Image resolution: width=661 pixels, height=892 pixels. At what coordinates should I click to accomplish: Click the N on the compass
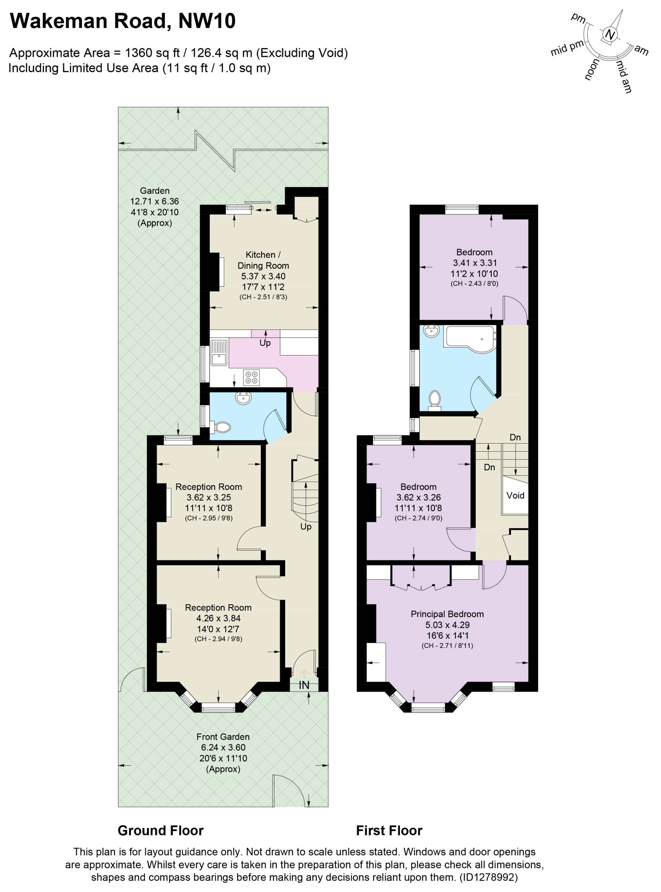click(609, 35)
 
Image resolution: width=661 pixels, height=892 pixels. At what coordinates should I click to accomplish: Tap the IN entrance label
click(304, 685)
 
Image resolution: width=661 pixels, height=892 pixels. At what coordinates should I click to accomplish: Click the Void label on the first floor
click(515, 495)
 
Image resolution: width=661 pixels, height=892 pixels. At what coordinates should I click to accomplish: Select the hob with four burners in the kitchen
click(251, 377)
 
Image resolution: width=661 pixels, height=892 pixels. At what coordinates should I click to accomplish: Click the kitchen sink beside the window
click(219, 352)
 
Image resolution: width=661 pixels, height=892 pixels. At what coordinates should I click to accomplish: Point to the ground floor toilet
click(221, 427)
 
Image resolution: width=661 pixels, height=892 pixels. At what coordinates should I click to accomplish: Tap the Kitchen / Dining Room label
click(263, 260)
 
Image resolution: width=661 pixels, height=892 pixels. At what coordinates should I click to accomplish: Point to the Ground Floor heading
click(160, 830)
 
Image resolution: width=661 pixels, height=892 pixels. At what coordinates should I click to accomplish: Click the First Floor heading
click(389, 830)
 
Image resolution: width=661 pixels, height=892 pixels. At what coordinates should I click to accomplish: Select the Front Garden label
click(223, 737)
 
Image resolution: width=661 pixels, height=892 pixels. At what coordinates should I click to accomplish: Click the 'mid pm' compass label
click(567, 48)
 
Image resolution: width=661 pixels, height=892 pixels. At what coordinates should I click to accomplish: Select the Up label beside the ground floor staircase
click(306, 526)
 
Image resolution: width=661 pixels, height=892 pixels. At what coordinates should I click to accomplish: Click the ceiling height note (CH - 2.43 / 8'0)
click(474, 284)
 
